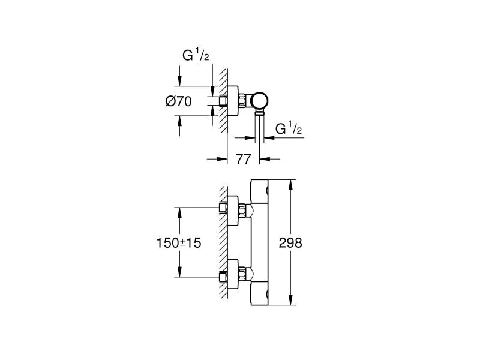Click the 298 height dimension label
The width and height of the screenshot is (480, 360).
coord(290,243)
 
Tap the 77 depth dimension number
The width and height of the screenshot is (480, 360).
coord(243,159)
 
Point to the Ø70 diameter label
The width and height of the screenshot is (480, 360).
coord(178,102)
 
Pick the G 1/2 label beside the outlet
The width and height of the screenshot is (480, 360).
coord(287,128)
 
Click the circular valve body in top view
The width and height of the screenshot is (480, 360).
coord(260,100)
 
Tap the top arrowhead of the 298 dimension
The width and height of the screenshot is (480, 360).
coord(290,182)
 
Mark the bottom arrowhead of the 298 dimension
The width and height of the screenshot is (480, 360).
coord(290,302)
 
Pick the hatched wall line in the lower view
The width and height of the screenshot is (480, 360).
coord(223,243)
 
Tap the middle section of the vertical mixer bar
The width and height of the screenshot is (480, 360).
coord(260,243)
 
